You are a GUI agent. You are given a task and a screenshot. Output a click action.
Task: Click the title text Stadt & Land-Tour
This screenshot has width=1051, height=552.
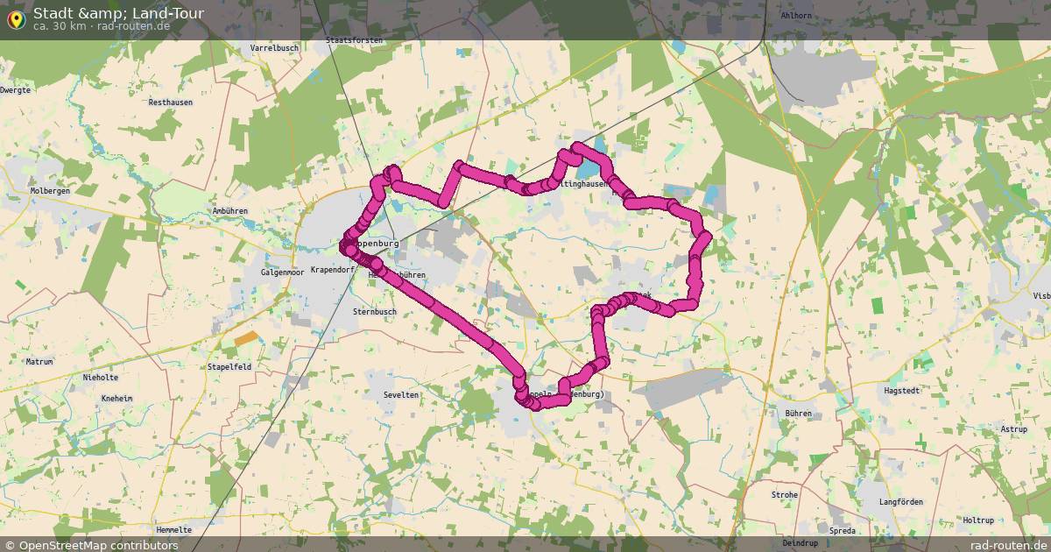(x=118, y=13)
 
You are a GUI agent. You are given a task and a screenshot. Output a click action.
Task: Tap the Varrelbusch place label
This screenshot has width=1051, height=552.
(x=275, y=47)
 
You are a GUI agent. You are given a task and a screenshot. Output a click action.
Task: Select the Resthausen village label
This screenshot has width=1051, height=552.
(x=170, y=103)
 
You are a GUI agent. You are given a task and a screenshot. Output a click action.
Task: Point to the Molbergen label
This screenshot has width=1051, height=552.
(x=50, y=190)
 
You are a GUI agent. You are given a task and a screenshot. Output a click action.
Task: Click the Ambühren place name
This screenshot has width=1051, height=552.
(x=230, y=211)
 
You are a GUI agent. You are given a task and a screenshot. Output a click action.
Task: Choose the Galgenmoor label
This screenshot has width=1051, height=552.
(x=282, y=272)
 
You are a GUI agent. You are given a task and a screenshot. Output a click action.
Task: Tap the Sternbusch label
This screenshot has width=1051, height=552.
(x=374, y=311)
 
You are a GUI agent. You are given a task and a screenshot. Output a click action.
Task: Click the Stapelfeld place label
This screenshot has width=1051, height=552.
(x=229, y=367)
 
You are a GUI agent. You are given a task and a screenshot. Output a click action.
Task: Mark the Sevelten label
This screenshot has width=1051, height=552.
(x=401, y=395)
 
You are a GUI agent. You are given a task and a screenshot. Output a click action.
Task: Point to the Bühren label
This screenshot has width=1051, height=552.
(x=799, y=412)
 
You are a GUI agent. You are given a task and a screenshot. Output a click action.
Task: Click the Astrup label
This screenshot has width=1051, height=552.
(x=1014, y=429)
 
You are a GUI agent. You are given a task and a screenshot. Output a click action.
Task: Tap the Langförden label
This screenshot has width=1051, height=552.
(x=900, y=502)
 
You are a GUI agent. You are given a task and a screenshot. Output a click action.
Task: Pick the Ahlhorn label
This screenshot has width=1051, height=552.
(x=796, y=16)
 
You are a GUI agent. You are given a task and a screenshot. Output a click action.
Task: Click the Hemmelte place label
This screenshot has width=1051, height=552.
(x=173, y=530)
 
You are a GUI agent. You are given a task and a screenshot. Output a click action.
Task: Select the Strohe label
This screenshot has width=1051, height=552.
(x=785, y=495)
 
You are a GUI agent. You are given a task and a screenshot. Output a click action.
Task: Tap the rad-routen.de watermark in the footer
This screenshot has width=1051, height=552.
(x=1008, y=545)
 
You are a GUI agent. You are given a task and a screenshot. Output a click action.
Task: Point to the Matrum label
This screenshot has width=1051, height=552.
(x=39, y=361)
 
